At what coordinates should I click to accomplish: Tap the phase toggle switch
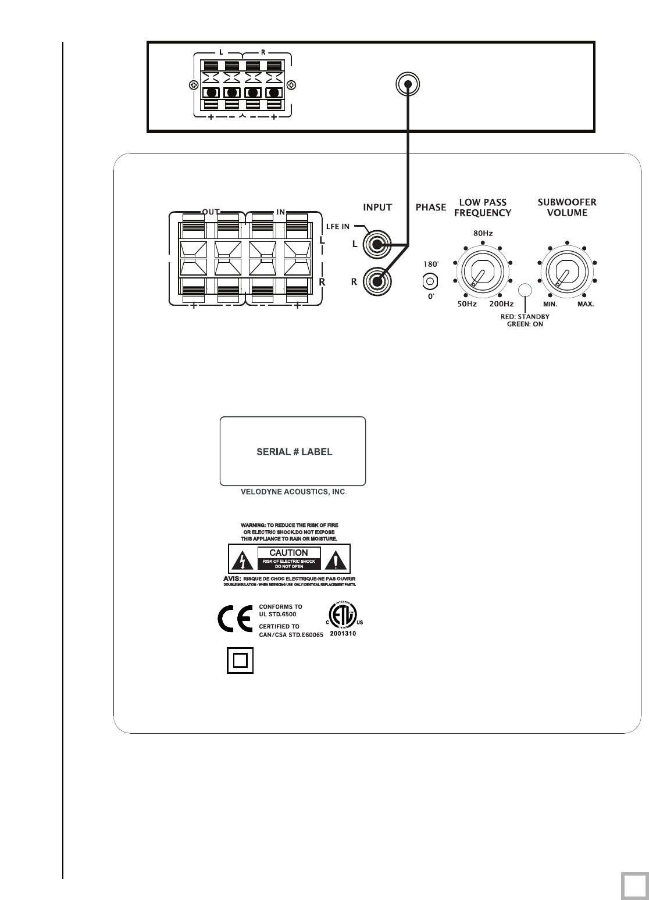point(429,282)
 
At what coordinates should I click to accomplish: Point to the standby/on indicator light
point(526,290)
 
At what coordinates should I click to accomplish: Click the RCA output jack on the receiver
point(408,85)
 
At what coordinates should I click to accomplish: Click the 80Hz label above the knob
point(483,234)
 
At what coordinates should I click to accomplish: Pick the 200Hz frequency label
point(501,304)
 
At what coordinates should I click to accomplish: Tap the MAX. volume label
point(586,304)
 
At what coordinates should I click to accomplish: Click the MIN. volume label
point(550,304)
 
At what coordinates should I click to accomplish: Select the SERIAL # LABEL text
point(294,452)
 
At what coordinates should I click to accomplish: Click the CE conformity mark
point(234,622)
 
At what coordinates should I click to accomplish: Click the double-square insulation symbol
point(240,661)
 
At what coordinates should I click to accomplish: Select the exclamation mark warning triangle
point(336,560)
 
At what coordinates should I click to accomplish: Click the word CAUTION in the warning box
point(288,552)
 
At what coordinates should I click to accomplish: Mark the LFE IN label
point(337,227)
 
